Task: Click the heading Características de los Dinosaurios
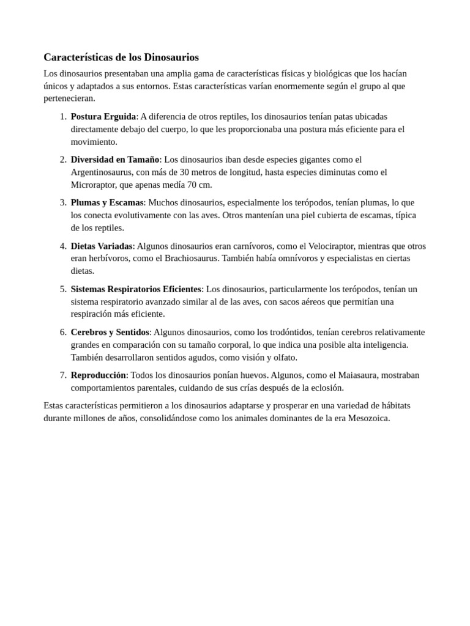pos(121,57)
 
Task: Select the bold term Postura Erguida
pos(103,117)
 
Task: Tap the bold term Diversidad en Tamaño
pos(114,160)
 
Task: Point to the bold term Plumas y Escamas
pos(106,202)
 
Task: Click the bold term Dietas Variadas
pos(102,246)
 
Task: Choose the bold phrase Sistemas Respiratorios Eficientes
pos(136,289)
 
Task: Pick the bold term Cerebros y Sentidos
pos(110,332)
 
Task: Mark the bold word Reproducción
pos(98,375)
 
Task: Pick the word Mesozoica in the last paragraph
pos(368,418)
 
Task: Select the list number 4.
pos(63,246)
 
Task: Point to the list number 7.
pos(63,375)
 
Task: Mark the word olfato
pos(284,357)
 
